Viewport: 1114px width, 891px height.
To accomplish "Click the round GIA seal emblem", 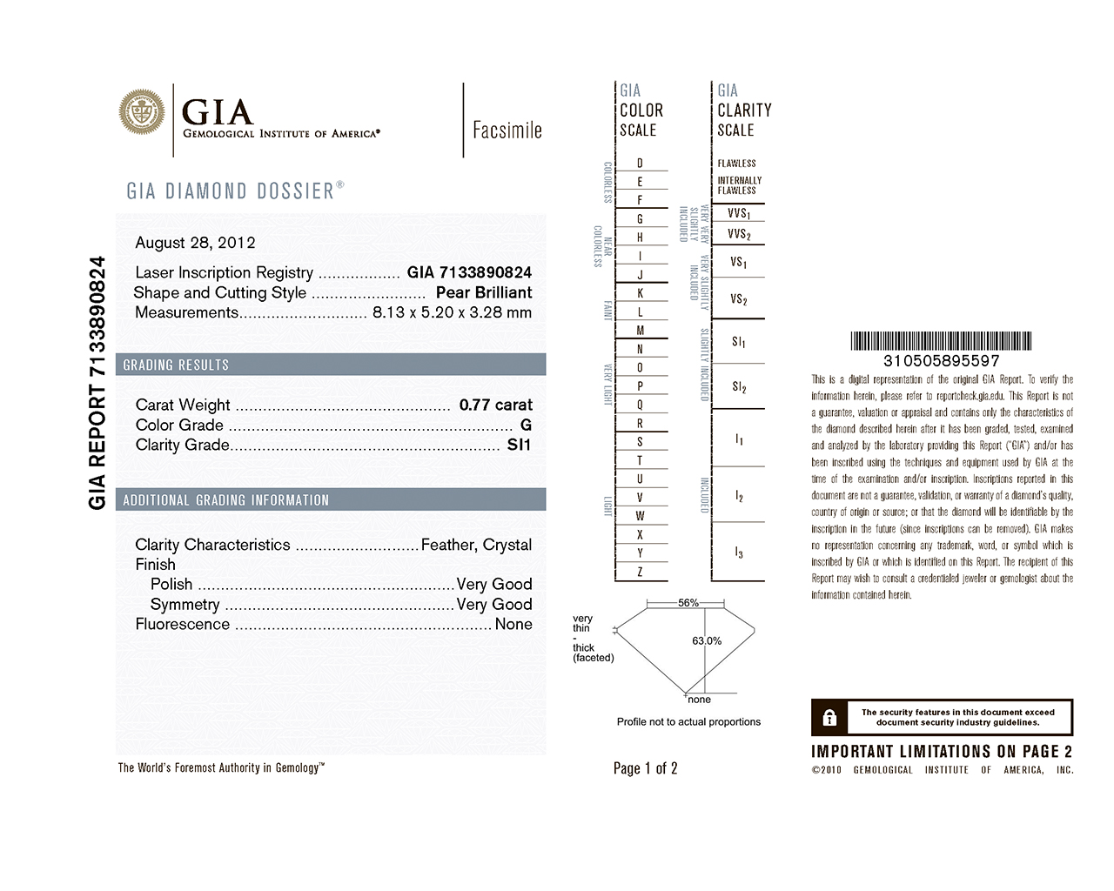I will pos(142,111).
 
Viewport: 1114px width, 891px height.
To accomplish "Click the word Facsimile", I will pos(507,131).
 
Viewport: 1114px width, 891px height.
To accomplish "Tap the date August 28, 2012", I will pos(195,243).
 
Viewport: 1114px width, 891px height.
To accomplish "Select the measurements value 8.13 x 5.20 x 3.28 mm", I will pos(452,312).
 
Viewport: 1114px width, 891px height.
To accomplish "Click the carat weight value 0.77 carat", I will pos(495,405).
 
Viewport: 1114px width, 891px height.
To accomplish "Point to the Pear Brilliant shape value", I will pos(484,292).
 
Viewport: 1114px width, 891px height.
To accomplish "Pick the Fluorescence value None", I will pos(513,624).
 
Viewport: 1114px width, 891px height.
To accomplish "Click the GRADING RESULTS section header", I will pos(176,365).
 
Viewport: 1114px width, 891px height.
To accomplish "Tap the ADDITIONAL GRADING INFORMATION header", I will pos(226,500).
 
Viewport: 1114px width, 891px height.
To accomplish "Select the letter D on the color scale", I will pos(640,163).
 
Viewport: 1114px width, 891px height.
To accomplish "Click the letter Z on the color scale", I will pos(640,572).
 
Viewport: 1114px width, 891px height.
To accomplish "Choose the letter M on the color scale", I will pos(640,330).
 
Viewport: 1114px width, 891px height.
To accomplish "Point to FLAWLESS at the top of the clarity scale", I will pos(736,164).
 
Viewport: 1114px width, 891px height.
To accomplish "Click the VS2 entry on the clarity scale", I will pos(738,299).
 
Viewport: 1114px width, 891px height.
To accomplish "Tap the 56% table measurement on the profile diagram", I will pos(688,603).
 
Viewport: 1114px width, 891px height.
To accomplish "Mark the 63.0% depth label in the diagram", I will pos(707,641).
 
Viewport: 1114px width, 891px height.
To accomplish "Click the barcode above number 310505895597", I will pos(941,340).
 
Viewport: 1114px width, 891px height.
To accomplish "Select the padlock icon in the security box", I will pos(829,718).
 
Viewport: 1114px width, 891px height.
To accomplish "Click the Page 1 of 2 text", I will pos(645,768).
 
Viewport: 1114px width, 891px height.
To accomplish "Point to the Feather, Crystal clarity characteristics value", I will pos(476,545).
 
